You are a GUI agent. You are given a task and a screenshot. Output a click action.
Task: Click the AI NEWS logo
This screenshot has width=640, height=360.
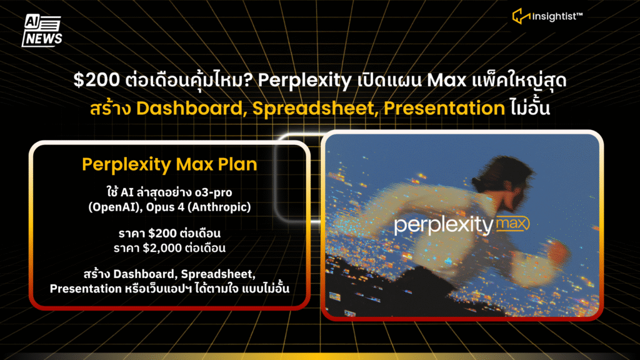[42, 31]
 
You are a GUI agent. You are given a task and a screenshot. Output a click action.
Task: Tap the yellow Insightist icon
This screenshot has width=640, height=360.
[521, 16]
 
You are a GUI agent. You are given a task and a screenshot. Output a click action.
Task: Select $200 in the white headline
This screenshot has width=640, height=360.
[97, 79]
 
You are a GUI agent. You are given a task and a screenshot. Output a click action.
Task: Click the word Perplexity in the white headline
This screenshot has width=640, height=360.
[304, 81]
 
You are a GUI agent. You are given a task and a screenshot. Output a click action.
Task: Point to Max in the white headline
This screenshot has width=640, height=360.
[446, 80]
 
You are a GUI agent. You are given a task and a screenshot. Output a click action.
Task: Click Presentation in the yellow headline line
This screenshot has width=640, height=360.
[444, 109]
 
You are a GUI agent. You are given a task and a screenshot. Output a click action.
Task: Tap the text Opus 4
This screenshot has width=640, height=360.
[165, 207]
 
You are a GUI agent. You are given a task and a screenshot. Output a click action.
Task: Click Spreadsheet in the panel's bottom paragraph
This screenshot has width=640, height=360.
[218, 274]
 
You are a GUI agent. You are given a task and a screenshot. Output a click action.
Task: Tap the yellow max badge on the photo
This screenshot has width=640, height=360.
[512, 224]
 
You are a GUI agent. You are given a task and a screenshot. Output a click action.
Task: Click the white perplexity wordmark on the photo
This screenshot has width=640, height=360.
[444, 226]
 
